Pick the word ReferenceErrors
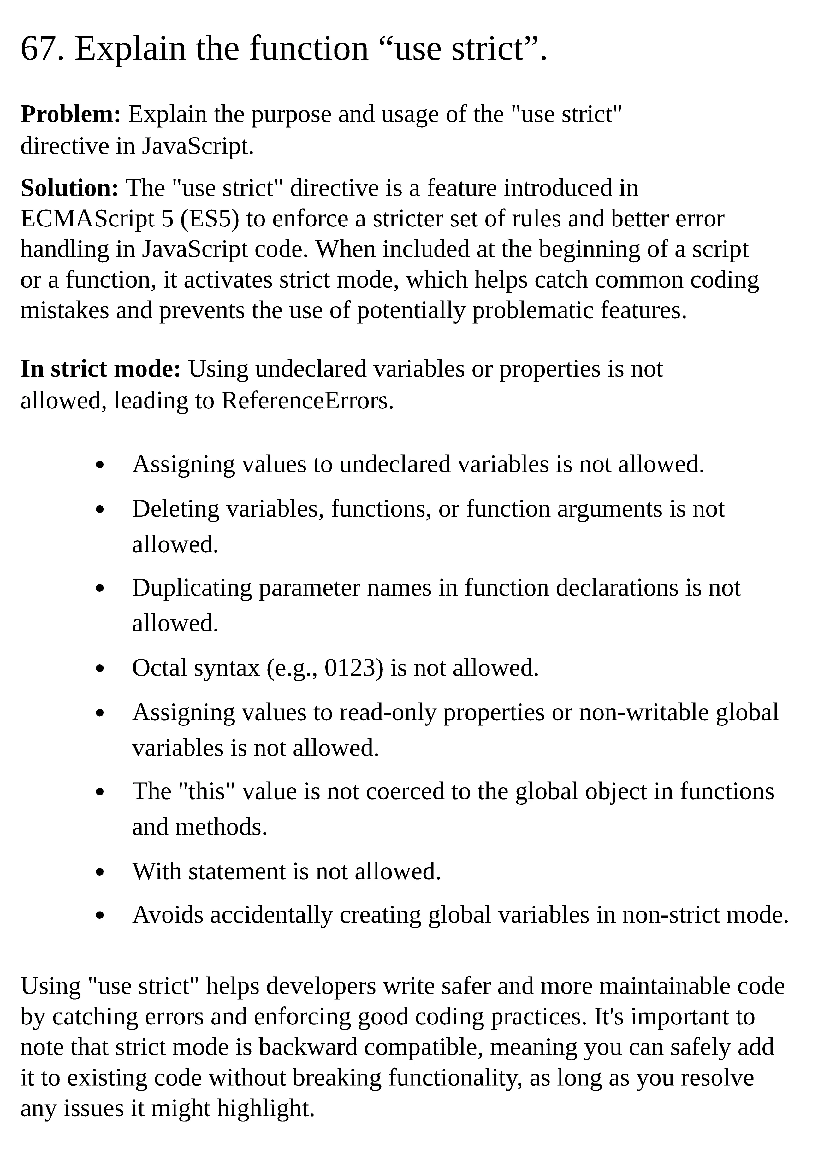(x=307, y=401)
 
